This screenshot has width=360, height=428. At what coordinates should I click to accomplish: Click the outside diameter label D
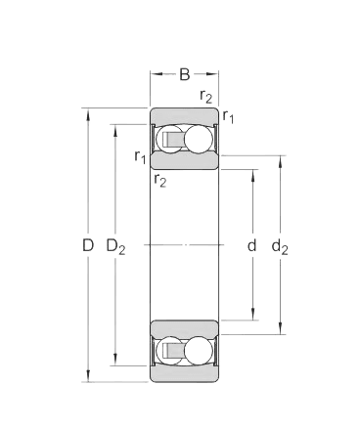coord(87,245)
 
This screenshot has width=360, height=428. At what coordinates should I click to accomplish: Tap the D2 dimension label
coord(114,245)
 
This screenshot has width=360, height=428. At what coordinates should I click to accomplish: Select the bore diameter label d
coord(251,245)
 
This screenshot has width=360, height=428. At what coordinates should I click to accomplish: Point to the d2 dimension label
coord(281,245)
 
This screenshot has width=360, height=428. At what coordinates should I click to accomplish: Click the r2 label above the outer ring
coord(205,96)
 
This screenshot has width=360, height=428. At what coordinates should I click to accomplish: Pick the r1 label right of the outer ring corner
coord(228,117)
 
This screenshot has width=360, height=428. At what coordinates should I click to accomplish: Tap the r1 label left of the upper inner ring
coord(140,156)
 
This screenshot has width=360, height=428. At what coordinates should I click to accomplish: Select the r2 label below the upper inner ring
coord(159,179)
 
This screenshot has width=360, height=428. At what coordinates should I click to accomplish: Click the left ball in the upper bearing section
coord(168,142)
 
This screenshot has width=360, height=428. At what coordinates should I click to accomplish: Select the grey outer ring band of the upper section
coord(185,114)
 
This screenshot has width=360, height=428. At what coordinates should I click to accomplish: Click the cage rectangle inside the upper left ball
coord(172,142)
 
